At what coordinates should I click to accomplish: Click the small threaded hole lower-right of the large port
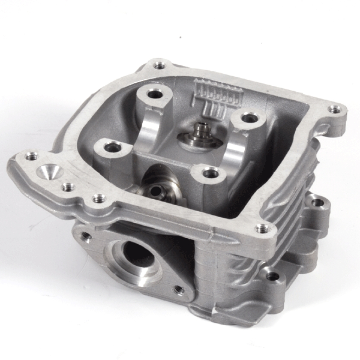179,289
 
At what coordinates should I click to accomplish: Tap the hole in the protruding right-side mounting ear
317,202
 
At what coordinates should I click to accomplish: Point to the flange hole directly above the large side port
99,199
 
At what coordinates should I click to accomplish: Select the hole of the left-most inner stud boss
112,147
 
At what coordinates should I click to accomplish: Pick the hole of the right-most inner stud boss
249,118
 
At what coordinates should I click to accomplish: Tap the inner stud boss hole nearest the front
210,172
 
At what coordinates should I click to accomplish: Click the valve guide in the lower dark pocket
154,190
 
